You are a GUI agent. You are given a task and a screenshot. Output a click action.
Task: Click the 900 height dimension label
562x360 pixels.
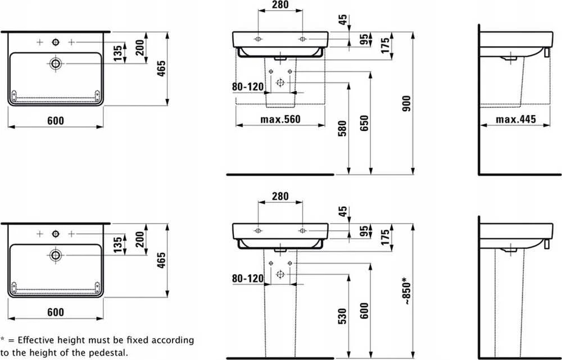[x=406, y=103]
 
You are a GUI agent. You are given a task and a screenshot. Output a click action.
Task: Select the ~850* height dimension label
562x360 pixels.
[x=406, y=291]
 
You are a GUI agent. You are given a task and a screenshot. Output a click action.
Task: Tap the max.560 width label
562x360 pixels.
[x=280, y=119]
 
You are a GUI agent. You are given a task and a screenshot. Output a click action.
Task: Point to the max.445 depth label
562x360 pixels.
[x=516, y=119]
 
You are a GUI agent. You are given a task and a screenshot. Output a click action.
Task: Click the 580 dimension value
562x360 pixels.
[x=342, y=129]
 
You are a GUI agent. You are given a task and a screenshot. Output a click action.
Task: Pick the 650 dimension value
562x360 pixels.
[x=364, y=123]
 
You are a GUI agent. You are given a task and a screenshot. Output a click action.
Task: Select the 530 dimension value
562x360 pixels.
[x=342, y=316]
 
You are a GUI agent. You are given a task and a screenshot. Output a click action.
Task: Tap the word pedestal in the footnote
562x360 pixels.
[x=109, y=353]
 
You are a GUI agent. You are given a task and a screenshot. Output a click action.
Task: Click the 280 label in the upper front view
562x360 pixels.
[x=280, y=4]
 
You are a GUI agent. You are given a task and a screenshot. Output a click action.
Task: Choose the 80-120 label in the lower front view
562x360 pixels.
[x=248, y=279]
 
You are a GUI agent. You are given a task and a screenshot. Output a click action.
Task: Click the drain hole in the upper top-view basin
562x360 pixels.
[x=56, y=64]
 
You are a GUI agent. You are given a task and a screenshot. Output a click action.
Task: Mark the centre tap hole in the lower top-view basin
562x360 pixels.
[x=56, y=234]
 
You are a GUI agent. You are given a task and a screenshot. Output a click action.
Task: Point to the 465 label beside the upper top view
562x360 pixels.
[x=162, y=69]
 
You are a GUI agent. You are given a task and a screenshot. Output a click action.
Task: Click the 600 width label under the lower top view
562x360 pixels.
[x=56, y=312]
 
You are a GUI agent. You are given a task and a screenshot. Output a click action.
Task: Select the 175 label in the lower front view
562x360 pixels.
[x=386, y=238]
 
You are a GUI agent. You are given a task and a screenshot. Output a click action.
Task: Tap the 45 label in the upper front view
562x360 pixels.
[x=343, y=20]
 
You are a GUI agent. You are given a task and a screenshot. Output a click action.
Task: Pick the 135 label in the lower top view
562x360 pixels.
[x=118, y=244]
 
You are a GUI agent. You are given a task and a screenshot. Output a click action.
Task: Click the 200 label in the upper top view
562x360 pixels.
[x=140, y=47]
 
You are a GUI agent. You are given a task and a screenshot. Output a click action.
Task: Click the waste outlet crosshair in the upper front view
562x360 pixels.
[x=280, y=83]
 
